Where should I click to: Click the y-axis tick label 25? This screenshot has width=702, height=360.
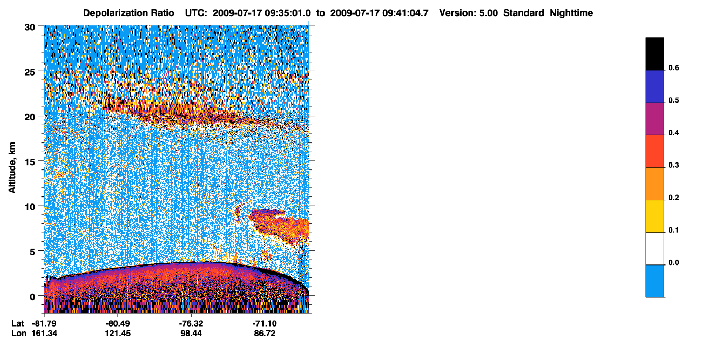[x=30, y=72]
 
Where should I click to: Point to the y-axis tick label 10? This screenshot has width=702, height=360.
[x=30, y=207]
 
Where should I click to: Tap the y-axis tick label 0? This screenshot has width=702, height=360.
[x=32, y=297]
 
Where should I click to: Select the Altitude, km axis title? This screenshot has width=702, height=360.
[x=12, y=168]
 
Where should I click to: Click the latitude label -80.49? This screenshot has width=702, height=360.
[x=118, y=324]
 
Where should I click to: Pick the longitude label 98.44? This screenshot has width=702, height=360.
[x=191, y=334]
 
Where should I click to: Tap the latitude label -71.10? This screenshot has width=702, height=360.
[x=265, y=324]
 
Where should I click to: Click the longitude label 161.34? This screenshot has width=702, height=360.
[x=44, y=334]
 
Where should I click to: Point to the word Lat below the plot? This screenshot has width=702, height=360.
[x=18, y=324]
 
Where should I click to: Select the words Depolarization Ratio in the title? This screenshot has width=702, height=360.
[x=129, y=13]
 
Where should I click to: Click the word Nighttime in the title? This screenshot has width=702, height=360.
[x=571, y=13]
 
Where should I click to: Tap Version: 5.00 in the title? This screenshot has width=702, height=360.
[x=469, y=13]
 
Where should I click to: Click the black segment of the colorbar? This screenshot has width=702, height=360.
[x=654, y=54]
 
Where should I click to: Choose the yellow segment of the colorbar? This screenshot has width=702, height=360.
[x=654, y=216]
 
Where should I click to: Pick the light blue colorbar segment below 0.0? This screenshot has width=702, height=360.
[x=654, y=281]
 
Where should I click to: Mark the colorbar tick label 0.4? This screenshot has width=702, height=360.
[x=673, y=133]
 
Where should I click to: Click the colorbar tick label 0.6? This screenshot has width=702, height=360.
[x=673, y=68]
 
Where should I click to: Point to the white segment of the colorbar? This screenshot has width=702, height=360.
[x=654, y=248]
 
